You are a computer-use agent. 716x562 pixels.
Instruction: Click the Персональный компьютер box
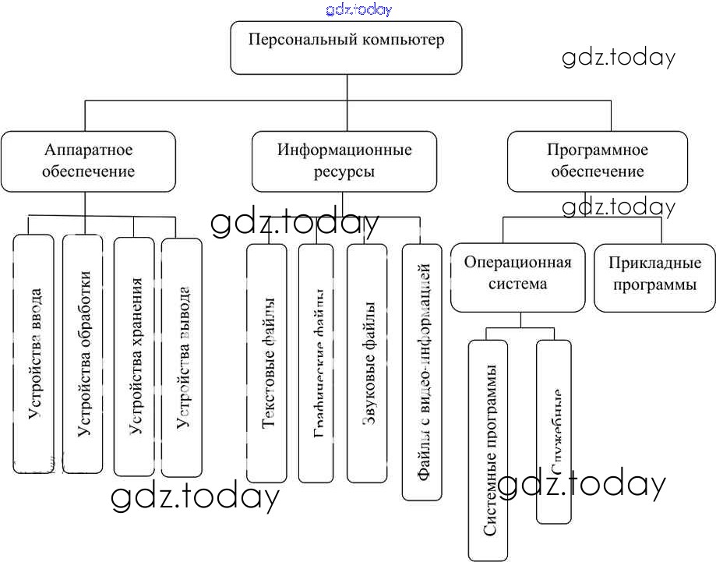(x=346, y=48)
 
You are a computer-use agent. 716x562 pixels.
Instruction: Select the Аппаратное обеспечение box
(x=88, y=161)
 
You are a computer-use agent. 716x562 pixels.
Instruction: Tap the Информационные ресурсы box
(x=344, y=161)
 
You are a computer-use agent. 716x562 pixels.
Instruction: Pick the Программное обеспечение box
(x=598, y=161)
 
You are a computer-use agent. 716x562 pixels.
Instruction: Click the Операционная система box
(x=517, y=272)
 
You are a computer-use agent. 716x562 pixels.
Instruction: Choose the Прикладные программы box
(x=654, y=274)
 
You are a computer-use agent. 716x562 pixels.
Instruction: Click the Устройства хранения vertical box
(x=134, y=355)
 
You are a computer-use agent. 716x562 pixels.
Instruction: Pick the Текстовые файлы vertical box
(x=267, y=362)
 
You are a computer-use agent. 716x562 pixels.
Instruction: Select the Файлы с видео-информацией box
(x=422, y=371)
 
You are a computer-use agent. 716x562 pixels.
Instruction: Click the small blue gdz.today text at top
(x=359, y=9)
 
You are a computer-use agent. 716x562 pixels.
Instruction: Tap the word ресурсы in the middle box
(x=344, y=171)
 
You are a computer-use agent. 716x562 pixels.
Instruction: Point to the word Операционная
(x=517, y=262)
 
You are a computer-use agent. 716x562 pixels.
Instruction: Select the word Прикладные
(x=654, y=263)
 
